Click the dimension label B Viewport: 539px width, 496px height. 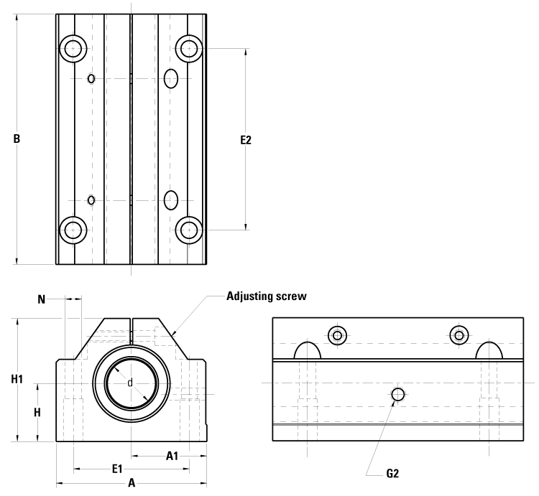pos(16,140)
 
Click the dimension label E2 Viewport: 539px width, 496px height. pos(246,140)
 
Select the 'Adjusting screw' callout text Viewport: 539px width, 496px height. pos(267,296)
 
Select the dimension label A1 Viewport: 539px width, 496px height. pos(172,454)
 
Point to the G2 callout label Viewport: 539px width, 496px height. pos(392,473)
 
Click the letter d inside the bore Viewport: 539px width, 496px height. pos(130,383)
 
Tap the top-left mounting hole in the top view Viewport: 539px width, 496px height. pos(73,48)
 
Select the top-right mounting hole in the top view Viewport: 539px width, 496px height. pos(189,48)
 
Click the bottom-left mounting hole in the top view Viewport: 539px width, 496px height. pos(73,230)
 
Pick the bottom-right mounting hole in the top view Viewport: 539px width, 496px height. pos(189,230)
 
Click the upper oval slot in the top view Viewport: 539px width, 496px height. pos(171,78)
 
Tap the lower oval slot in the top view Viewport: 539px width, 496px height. pos(171,199)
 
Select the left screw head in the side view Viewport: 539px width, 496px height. pos(338,334)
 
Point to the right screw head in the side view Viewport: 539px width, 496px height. pos(459,334)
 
